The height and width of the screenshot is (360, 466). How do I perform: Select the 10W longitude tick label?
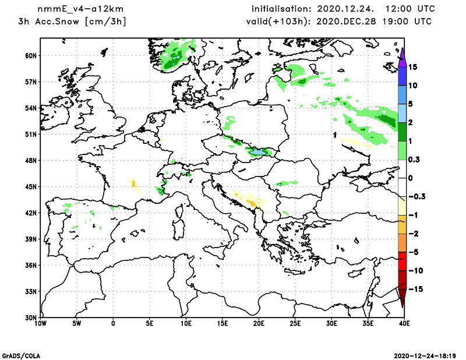click(41, 322)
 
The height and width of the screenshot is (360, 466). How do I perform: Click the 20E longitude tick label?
click(259, 322)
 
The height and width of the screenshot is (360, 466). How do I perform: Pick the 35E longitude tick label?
click(368, 322)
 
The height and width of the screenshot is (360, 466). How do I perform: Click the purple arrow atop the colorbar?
click(402, 55)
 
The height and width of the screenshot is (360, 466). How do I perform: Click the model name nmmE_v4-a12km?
click(76, 9)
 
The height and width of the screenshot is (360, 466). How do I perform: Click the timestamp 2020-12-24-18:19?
click(426, 355)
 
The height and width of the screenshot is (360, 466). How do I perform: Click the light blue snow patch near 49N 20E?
click(257, 151)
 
